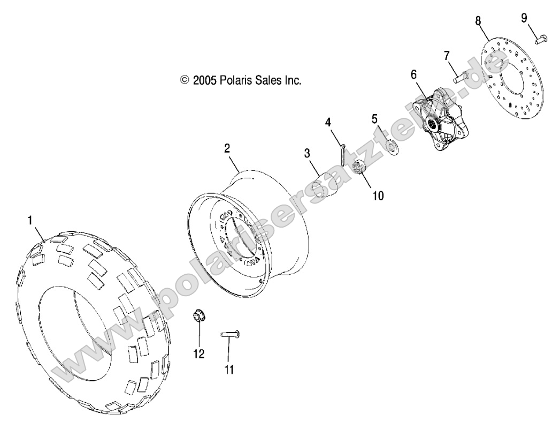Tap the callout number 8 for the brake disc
click(x=478, y=20)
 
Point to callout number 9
click(x=525, y=18)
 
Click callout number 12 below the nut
click(x=199, y=354)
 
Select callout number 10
click(x=378, y=195)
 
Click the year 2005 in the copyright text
click(x=204, y=80)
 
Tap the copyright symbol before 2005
click(x=185, y=80)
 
